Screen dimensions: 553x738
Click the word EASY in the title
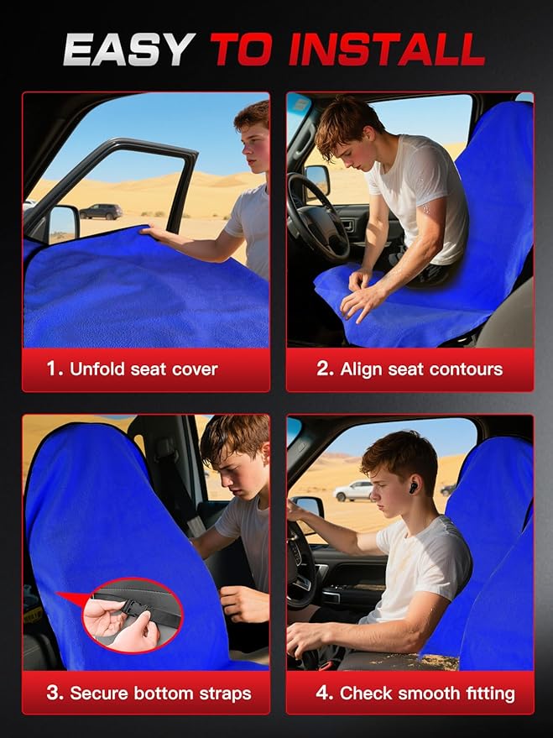click(x=129, y=49)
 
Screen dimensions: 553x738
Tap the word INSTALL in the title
click(x=387, y=49)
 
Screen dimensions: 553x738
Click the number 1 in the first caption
click(x=54, y=369)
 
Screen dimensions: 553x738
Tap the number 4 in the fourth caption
click(x=325, y=693)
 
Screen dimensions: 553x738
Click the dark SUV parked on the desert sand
click(x=101, y=212)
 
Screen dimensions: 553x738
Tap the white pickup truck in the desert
click(x=353, y=491)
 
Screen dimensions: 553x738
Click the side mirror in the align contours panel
click(x=317, y=179)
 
